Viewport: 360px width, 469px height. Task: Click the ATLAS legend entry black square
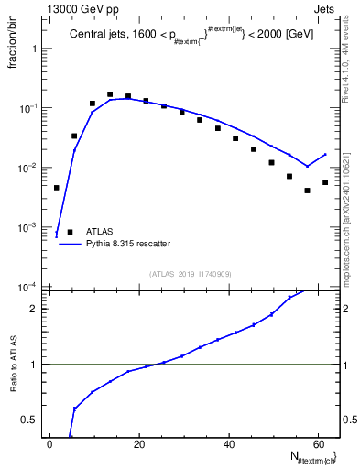tap(70, 232)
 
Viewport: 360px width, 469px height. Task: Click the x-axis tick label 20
tap(139, 444)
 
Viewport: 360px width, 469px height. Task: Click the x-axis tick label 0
tap(50, 444)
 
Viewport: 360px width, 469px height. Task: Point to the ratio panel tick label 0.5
tap(33, 420)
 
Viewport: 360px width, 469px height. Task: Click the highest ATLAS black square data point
tap(110, 94)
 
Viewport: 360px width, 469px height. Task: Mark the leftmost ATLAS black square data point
tap(57, 188)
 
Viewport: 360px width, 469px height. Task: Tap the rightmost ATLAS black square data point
tap(325, 182)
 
